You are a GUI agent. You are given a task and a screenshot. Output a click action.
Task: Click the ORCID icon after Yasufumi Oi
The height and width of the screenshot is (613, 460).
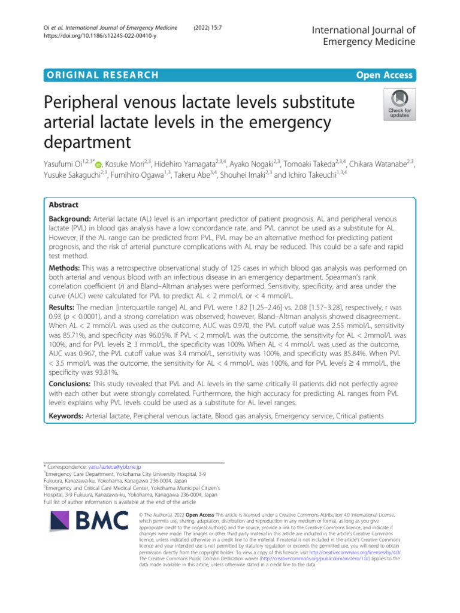[98, 163]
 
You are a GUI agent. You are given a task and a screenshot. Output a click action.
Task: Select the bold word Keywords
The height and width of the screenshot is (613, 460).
[66, 414]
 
